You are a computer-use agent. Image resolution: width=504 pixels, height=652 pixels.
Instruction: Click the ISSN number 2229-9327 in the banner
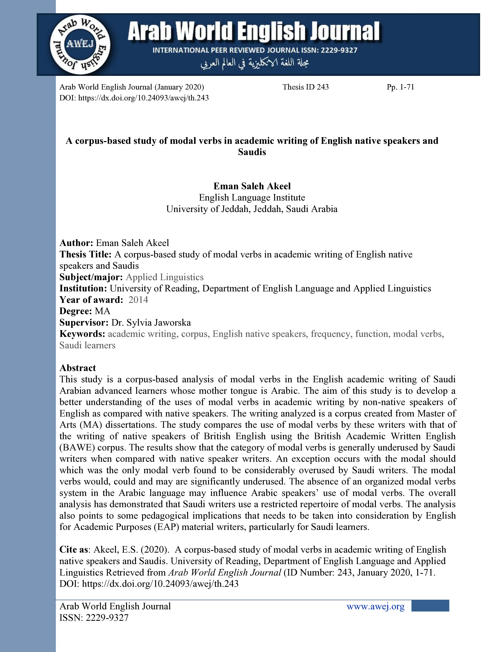pos(339,50)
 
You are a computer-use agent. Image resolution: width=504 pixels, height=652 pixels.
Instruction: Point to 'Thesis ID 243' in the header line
pos(305,87)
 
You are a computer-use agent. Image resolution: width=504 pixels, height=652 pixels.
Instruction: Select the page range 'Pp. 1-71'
pos(400,87)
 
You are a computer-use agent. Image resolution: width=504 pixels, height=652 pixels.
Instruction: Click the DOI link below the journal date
pos(134,98)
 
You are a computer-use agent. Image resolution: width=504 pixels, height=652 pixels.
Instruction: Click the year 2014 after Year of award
pos(138,300)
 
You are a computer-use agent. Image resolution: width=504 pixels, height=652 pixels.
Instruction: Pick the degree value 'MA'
pos(103,311)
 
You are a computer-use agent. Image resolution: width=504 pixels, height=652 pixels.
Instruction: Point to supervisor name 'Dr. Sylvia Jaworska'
pos(151,322)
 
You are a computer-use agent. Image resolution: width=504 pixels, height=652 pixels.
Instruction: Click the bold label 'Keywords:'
pos(82,334)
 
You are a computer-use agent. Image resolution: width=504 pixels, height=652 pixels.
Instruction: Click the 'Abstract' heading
pos(78,368)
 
